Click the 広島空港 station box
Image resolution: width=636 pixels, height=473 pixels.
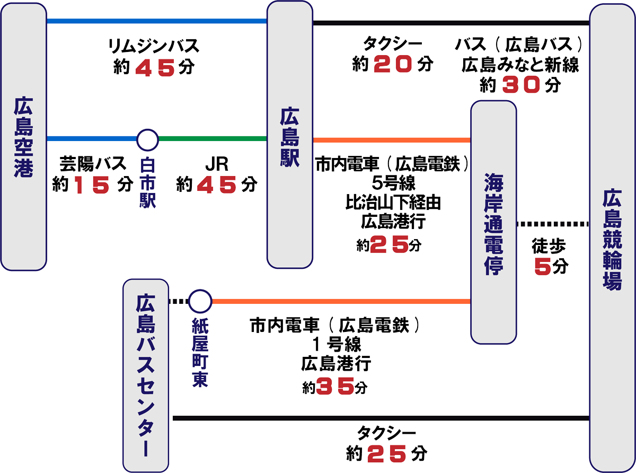tap(24, 138)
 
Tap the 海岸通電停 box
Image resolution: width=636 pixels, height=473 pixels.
tap(493, 223)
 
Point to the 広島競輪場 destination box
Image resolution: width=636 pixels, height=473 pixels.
tap(612, 239)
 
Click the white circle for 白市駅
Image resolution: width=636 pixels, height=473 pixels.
tap(147, 139)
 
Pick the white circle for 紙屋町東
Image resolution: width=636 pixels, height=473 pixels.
tap(200, 302)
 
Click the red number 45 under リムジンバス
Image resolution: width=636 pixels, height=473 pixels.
tap(155, 68)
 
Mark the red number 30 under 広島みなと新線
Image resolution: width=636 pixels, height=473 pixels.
tap(521, 84)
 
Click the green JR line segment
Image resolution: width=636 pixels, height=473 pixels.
tap(212, 139)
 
